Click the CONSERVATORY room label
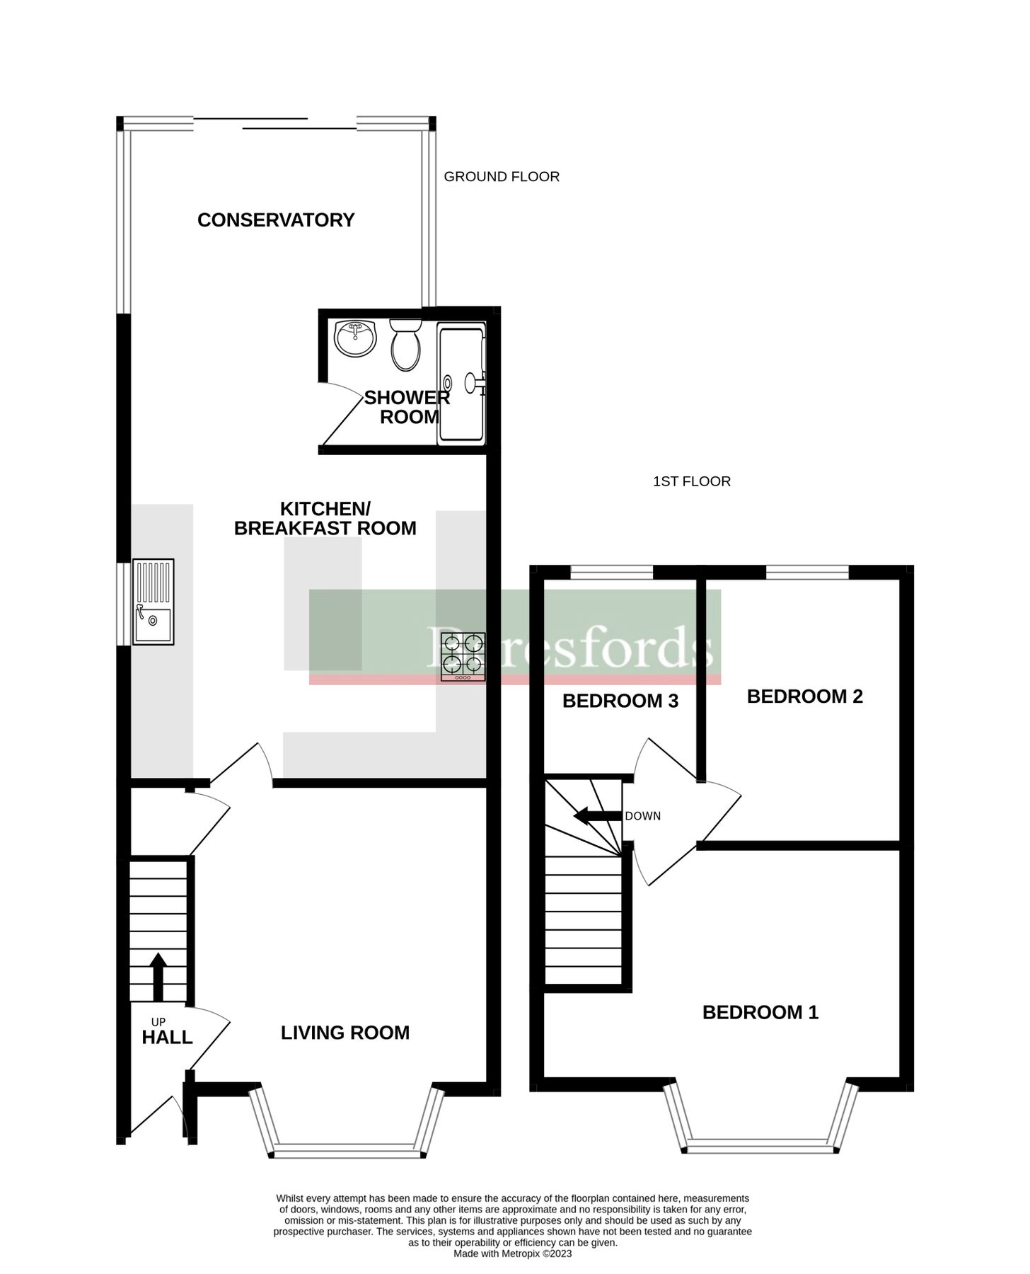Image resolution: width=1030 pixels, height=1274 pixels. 276,220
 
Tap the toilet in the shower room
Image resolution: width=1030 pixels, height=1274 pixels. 405,347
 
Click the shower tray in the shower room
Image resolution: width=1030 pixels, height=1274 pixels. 461,383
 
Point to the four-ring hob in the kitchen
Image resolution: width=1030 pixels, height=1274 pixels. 463,656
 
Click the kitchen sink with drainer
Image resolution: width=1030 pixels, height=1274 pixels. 154,601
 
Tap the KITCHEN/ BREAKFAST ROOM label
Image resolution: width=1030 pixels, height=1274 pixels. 325,519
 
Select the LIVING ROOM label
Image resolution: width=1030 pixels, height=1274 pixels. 345,1033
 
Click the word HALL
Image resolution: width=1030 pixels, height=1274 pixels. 167,1038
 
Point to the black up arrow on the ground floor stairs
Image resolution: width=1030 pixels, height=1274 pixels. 158,976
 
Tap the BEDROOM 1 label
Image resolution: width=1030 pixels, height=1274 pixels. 760,1012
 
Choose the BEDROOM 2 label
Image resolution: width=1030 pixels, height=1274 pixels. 804,696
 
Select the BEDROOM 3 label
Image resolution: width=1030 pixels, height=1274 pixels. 620,701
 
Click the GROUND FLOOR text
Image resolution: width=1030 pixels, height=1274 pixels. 502,176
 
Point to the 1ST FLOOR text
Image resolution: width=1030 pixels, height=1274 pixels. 691,481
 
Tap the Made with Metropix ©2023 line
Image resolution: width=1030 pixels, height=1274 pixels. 512,1253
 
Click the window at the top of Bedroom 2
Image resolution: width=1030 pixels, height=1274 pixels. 807,572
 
